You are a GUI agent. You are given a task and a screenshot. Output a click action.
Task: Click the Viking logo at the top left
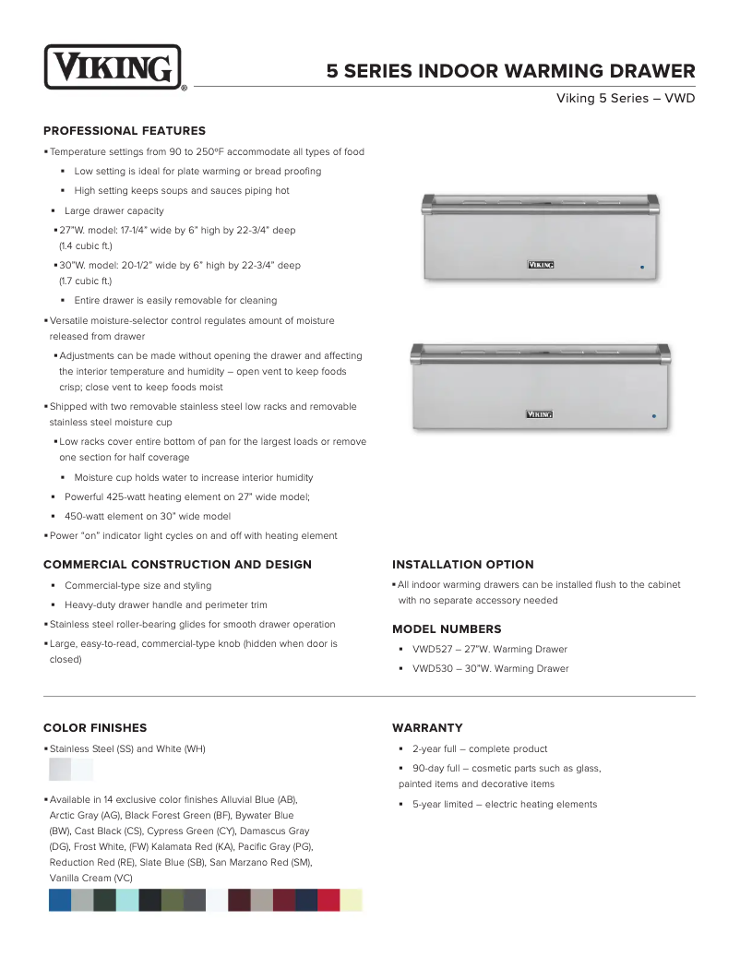113,68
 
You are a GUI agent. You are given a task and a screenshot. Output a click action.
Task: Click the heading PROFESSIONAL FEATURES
125,131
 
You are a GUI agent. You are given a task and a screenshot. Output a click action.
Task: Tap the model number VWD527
430,650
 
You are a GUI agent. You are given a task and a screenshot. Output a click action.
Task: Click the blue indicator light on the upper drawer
642,268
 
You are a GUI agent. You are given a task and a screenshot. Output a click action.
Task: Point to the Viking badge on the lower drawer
539,414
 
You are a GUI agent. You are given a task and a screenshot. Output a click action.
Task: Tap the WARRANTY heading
427,728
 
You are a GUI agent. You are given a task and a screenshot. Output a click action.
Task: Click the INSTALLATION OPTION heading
462,565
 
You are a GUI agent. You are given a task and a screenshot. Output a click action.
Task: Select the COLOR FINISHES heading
95,728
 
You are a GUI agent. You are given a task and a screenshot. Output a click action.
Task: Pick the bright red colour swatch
328,901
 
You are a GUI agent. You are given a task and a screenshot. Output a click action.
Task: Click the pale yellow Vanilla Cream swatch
352,901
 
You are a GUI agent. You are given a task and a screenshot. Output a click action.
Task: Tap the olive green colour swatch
173,901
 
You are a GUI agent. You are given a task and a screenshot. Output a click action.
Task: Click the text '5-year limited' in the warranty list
441,805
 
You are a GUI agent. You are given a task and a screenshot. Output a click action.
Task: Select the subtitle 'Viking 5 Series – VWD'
625,98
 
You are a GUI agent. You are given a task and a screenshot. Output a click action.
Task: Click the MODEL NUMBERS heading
447,629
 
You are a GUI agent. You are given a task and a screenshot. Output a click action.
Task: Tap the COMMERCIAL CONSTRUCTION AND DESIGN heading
177,565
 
